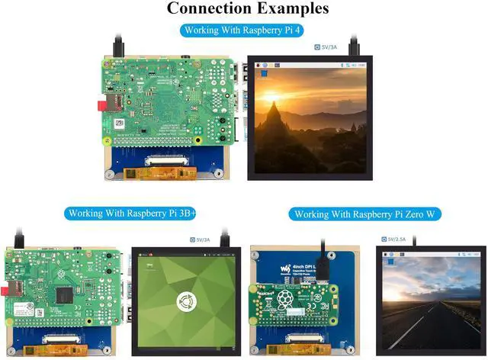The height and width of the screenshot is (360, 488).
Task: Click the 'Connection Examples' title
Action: click(248, 9)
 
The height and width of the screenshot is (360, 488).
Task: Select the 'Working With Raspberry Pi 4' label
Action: click(243, 31)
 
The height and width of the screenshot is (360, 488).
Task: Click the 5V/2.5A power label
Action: click(395, 239)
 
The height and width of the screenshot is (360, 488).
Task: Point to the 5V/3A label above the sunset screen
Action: click(329, 47)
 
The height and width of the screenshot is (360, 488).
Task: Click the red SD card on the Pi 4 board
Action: click(100, 103)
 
